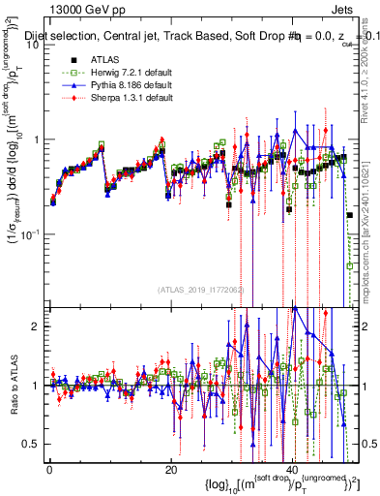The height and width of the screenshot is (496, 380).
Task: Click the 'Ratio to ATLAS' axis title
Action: point(14,387)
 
